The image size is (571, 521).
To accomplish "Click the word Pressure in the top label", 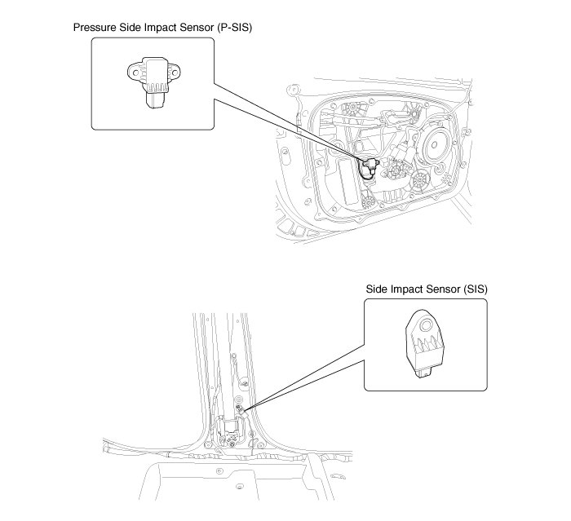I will [95, 27].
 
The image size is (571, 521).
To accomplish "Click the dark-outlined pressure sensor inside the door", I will [369, 166].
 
